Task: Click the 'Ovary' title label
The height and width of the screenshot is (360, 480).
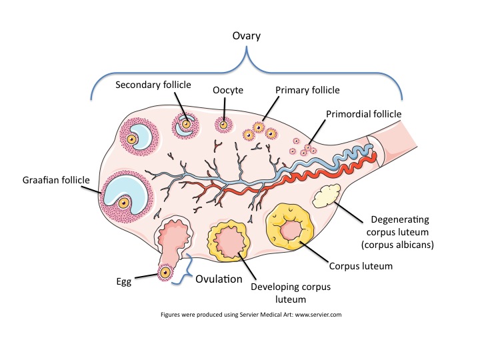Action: point(247,36)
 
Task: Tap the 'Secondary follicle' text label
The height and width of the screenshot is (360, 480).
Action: point(153,85)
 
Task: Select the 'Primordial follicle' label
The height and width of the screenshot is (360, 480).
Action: point(364,114)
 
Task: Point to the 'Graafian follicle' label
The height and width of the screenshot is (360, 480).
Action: point(56,180)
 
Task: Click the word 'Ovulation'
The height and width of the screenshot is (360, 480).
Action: point(219,279)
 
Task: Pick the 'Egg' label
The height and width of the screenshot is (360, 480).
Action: point(124,282)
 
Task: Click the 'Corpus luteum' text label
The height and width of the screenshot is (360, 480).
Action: point(361,266)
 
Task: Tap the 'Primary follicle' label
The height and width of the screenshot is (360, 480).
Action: point(307,90)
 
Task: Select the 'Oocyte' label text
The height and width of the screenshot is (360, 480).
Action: point(228,90)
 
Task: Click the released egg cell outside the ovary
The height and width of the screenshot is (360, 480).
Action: point(165,272)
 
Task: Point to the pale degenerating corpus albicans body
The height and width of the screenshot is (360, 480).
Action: point(326,196)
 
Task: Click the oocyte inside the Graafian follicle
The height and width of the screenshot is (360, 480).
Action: point(124,203)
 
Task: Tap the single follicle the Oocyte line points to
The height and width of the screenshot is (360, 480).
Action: point(223,125)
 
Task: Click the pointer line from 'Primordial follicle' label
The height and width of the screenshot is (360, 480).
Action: point(317,132)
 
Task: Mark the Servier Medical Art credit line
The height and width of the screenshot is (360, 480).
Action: point(251,315)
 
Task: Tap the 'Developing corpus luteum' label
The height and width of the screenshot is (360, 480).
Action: point(291,293)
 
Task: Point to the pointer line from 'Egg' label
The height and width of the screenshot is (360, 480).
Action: point(147,276)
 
